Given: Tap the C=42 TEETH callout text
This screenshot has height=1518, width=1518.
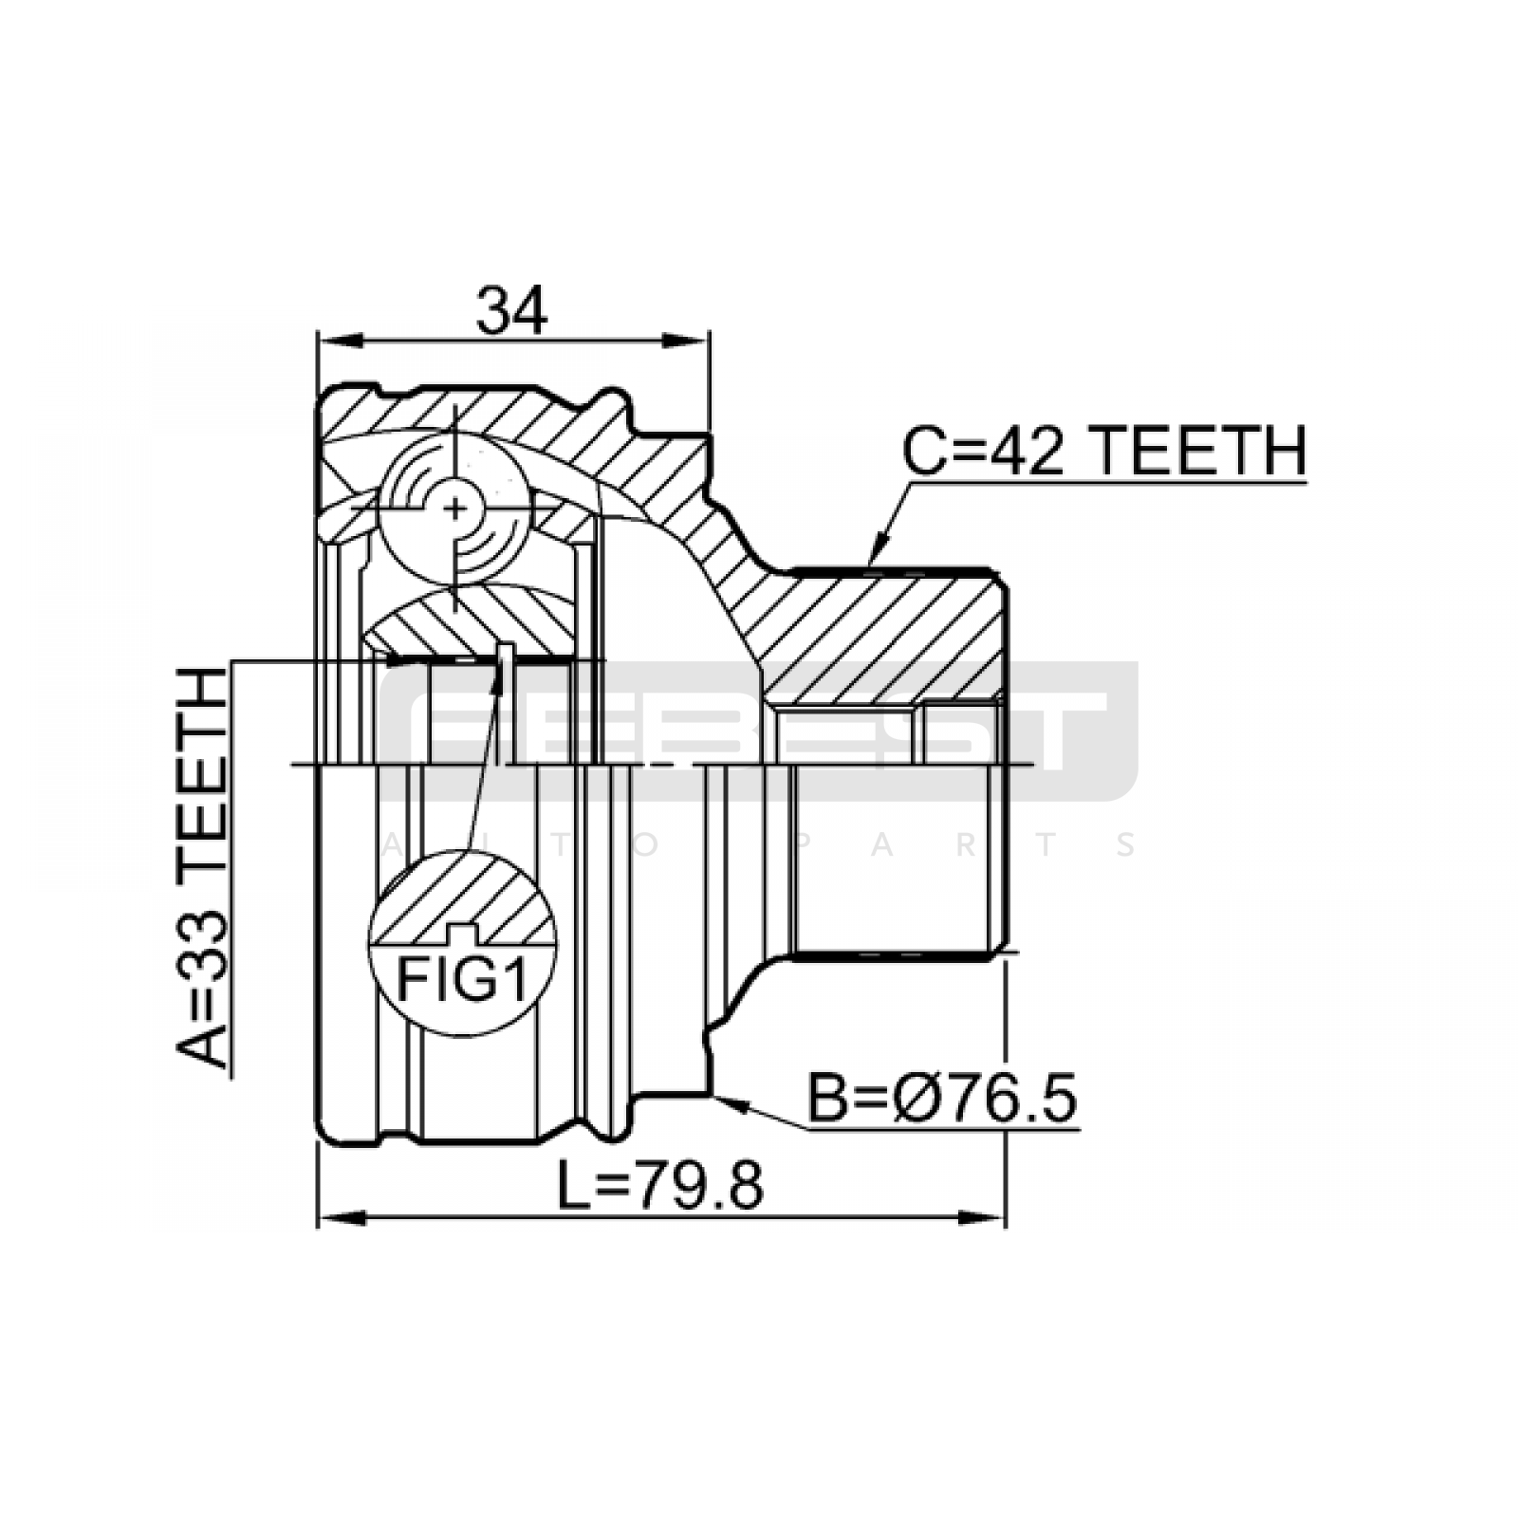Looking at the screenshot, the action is pyautogui.click(x=1103, y=451).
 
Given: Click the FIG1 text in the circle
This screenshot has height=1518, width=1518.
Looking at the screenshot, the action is pyautogui.click(x=461, y=980).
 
